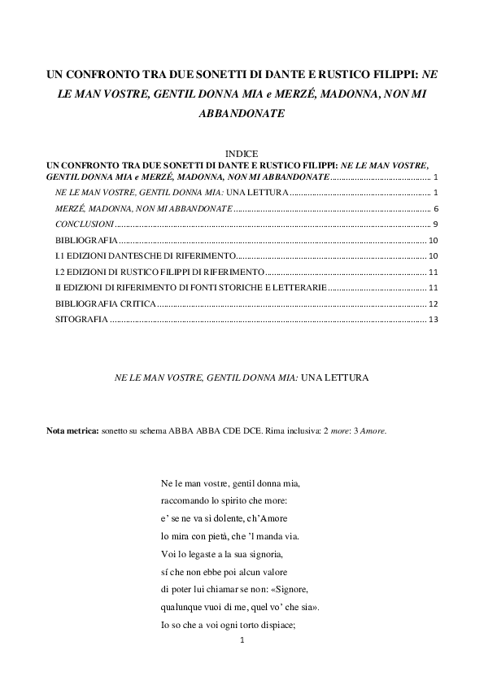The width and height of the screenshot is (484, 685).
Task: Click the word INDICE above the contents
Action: coord(242,153)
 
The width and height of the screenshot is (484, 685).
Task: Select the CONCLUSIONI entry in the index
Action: coord(85,224)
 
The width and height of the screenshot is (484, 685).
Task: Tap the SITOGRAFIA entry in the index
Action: coord(81,320)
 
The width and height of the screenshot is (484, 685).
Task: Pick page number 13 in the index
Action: coord(434,320)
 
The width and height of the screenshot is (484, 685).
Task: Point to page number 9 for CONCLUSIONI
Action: coord(436,224)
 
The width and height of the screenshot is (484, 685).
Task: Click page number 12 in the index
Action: coord(434,303)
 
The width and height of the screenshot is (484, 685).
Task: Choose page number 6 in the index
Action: coord(436,208)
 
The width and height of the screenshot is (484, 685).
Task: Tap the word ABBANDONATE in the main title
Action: coord(242,115)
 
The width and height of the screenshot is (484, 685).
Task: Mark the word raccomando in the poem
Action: coord(187,500)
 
